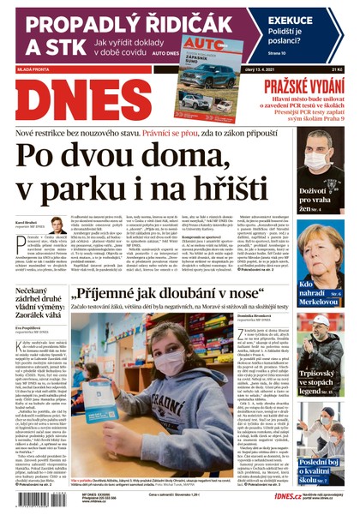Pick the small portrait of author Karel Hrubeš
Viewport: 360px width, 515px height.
pos(57,225)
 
